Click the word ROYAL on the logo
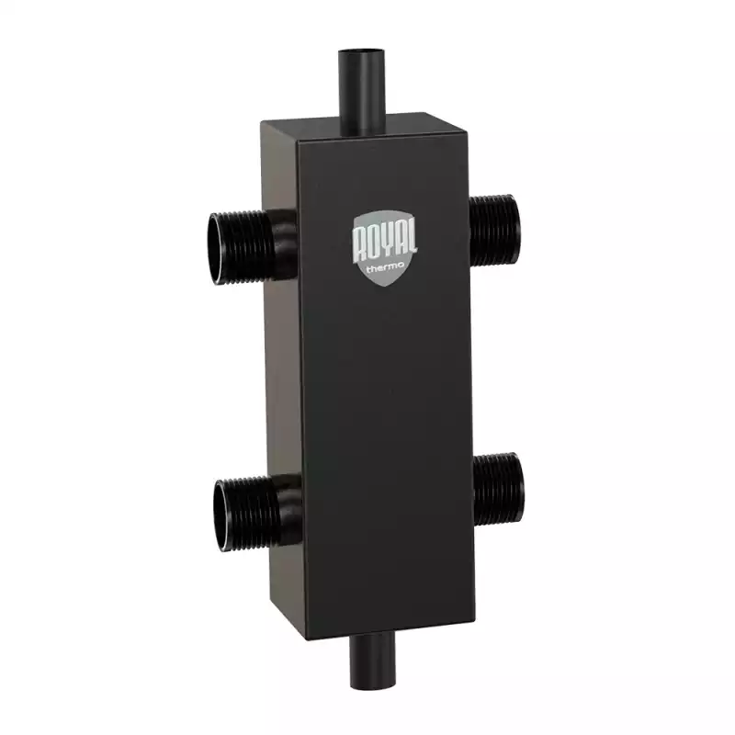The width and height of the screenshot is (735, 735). tap(385, 243)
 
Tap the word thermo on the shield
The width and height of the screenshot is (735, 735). tap(385, 269)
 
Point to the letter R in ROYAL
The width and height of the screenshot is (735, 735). tap(359, 246)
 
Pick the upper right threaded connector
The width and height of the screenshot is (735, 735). tap(494, 231)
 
